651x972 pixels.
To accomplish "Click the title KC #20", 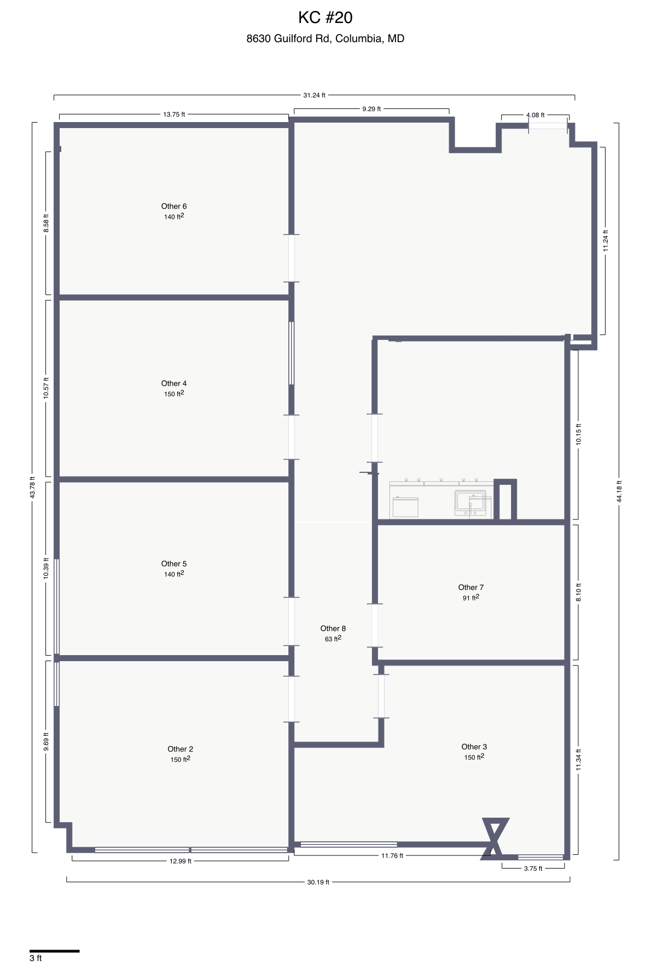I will point(325,18).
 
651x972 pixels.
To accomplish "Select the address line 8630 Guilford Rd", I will point(325,38).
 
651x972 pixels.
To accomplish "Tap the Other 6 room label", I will point(174,206).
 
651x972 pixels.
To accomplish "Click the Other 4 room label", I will point(174,384).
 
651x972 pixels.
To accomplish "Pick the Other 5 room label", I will point(174,564).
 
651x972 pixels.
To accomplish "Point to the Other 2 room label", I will point(180,749).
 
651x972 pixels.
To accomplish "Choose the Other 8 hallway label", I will point(333,628).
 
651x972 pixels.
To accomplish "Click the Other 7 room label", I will point(470,587).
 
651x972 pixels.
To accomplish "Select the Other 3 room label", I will point(474,747).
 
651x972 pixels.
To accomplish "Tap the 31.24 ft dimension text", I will point(314,95).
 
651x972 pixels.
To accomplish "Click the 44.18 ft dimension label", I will point(619,491).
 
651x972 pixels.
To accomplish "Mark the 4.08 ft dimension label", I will point(535,115).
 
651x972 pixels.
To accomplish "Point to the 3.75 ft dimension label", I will point(533,868).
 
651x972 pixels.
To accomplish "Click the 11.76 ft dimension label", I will point(392,855).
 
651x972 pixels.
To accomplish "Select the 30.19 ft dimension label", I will point(318,882).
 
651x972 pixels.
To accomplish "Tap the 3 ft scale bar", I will point(54,951).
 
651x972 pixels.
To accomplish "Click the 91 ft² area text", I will point(470,598).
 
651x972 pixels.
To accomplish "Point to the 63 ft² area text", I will point(333,639).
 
